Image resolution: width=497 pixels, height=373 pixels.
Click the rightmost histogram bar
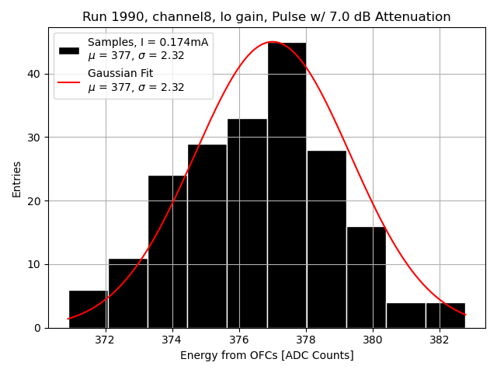pos(445,315)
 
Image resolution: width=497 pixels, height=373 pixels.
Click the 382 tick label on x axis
pos(440,340)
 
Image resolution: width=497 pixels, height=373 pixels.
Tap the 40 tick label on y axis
pos(36,74)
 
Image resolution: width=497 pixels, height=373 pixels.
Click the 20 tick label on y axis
pos(36,200)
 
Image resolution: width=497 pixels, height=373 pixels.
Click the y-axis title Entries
pos(17,179)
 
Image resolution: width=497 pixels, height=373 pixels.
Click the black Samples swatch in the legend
pos(68,50)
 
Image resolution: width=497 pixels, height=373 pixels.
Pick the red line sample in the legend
pos(68,81)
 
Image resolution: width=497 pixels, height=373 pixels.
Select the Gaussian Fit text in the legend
pos(120,73)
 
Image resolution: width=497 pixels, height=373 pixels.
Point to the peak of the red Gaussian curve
pos(272,42)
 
